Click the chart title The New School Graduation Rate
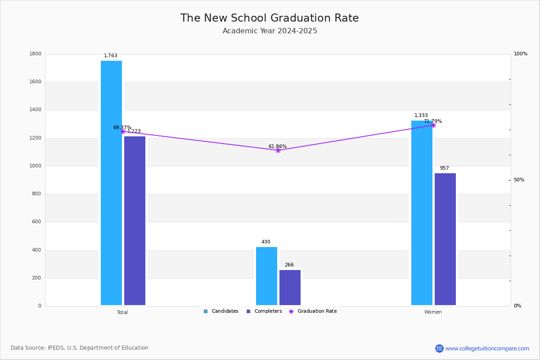pos(270,18)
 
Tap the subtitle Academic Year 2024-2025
pos(270,31)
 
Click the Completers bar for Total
pos(135,220)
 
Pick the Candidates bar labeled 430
pos(266,276)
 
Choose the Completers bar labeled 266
pos(290,288)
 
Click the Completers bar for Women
pos(445,239)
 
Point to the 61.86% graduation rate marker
pos(278,150)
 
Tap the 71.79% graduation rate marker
pos(433,125)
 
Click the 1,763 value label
pos(111,56)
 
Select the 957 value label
pos(445,168)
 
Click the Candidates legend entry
pos(221,311)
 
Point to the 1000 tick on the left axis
pos(36,166)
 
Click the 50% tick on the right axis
pos(519,180)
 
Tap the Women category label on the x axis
pos(433,312)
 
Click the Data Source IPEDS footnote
pos(80,348)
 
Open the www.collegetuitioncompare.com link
pos(487,348)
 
